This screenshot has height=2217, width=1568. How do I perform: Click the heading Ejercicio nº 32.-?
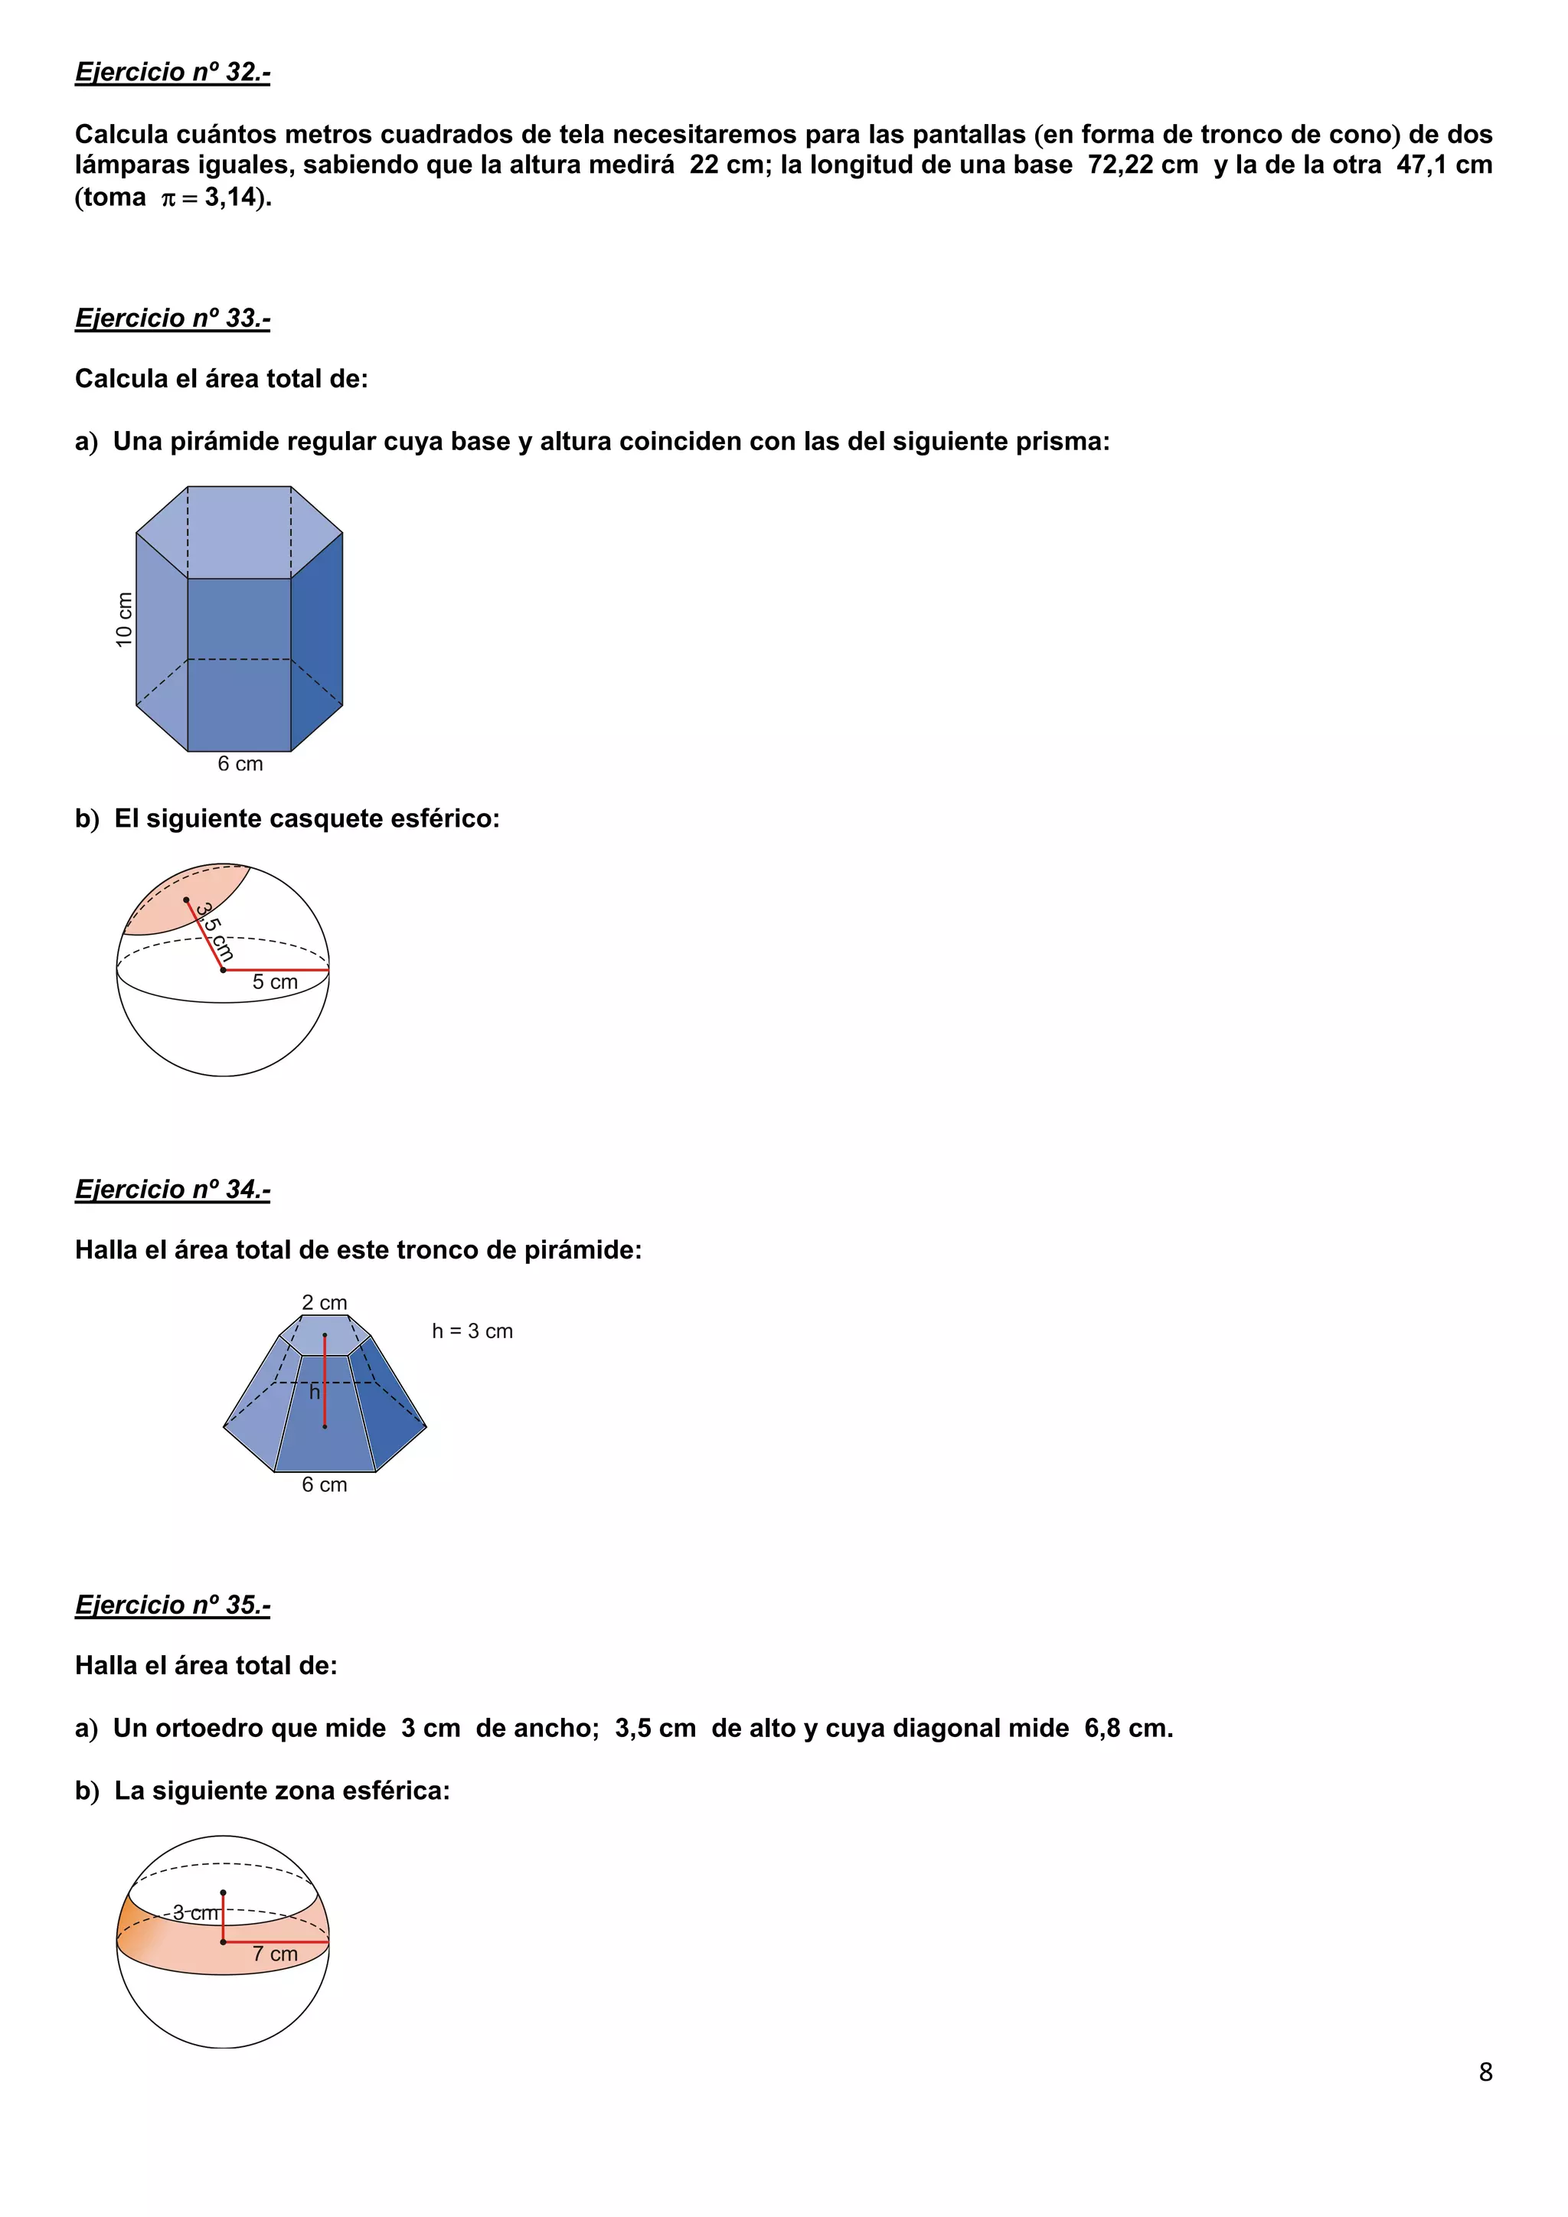(173, 73)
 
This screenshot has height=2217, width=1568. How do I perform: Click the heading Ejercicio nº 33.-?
(173, 318)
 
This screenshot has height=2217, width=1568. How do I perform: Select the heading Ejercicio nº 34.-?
(173, 1189)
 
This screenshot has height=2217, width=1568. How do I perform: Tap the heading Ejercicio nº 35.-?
(173, 1605)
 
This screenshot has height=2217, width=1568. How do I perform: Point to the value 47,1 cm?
(1443, 165)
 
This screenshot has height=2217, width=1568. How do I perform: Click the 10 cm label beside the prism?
(123, 619)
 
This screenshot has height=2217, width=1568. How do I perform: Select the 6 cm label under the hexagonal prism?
(240, 764)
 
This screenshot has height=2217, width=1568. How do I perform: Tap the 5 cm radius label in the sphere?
(275, 982)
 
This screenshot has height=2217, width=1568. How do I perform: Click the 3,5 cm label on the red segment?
(214, 931)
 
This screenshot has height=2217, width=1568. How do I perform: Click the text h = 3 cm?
(472, 1331)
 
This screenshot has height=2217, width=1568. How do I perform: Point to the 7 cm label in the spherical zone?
(275, 1954)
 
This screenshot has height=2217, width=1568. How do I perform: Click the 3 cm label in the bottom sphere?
(195, 1913)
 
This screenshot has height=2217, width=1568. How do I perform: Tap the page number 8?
(1485, 2072)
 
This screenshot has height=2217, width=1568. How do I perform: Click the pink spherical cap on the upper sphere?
(178, 898)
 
